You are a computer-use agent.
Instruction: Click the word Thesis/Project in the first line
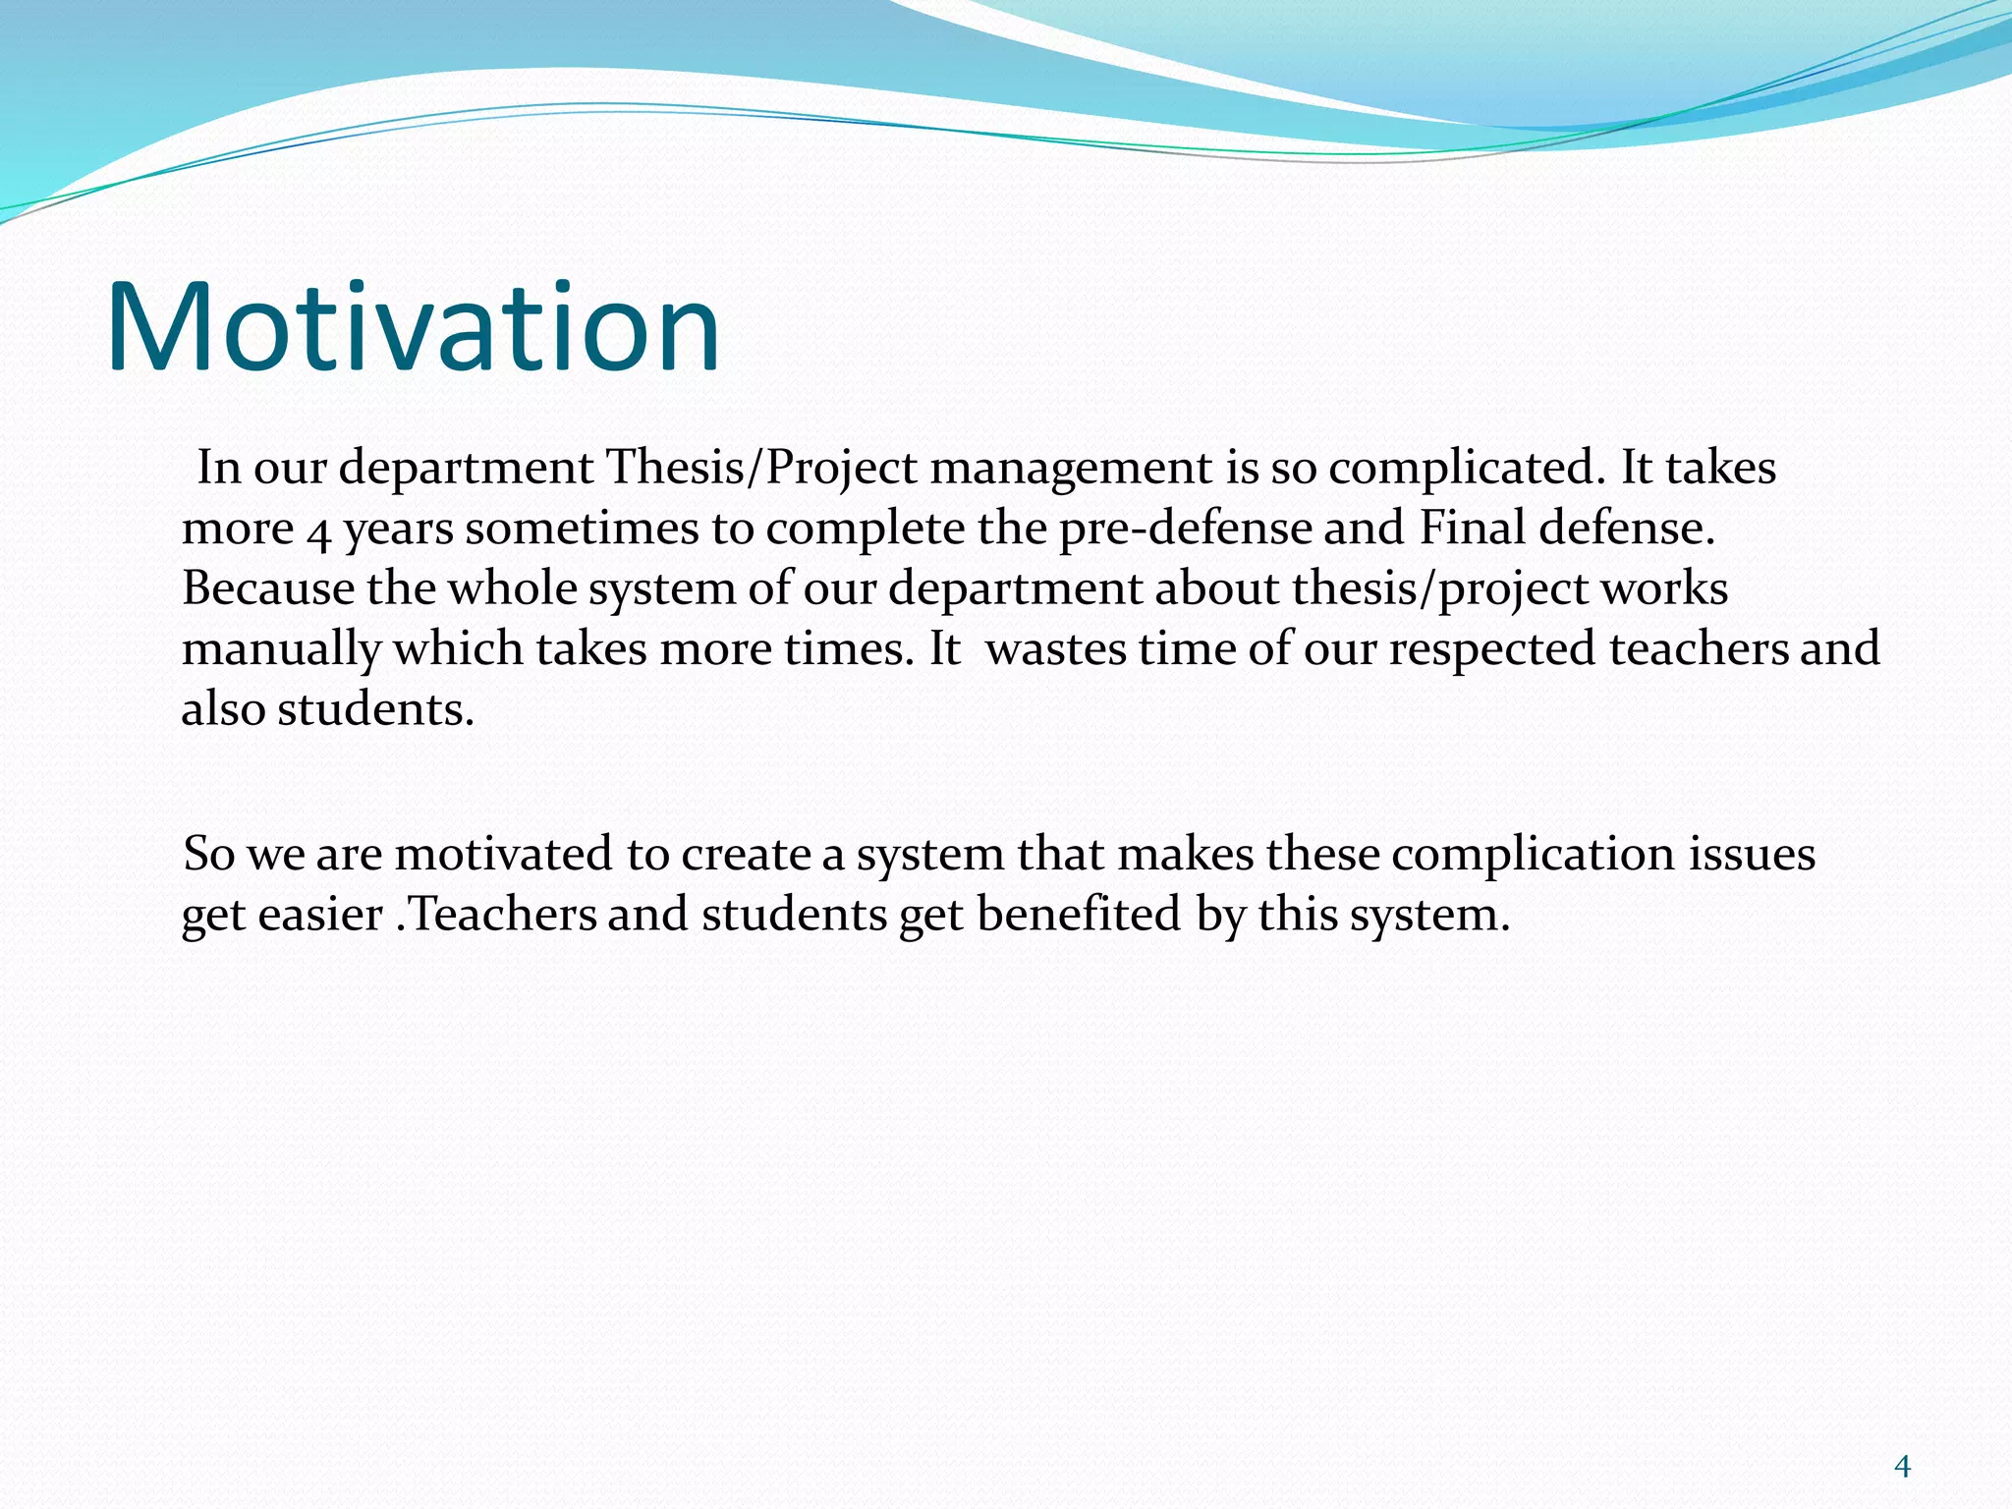(760, 468)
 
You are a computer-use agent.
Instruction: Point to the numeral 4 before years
(318, 531)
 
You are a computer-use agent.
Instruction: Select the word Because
(267, 588)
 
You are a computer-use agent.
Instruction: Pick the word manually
(281, 650)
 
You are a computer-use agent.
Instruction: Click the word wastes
(1056, 649)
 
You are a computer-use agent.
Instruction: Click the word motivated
(503, 854)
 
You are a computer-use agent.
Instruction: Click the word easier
(320, 915)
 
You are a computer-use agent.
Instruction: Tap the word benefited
(1078, 915)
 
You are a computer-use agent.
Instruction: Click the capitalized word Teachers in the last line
(501, 915)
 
